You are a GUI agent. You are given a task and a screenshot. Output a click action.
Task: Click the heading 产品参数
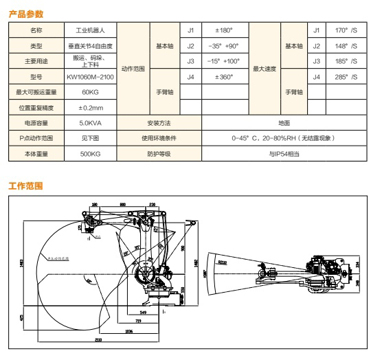25,12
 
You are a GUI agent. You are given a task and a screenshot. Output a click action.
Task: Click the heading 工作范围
25,186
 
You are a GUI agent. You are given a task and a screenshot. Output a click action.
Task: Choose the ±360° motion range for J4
224,77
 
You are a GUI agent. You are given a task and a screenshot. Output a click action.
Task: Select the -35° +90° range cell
224,46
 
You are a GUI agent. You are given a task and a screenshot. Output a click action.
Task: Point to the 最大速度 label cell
264,69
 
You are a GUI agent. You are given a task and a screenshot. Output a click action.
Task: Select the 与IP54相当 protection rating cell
284,155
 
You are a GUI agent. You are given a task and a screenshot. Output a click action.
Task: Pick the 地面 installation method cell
284,123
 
